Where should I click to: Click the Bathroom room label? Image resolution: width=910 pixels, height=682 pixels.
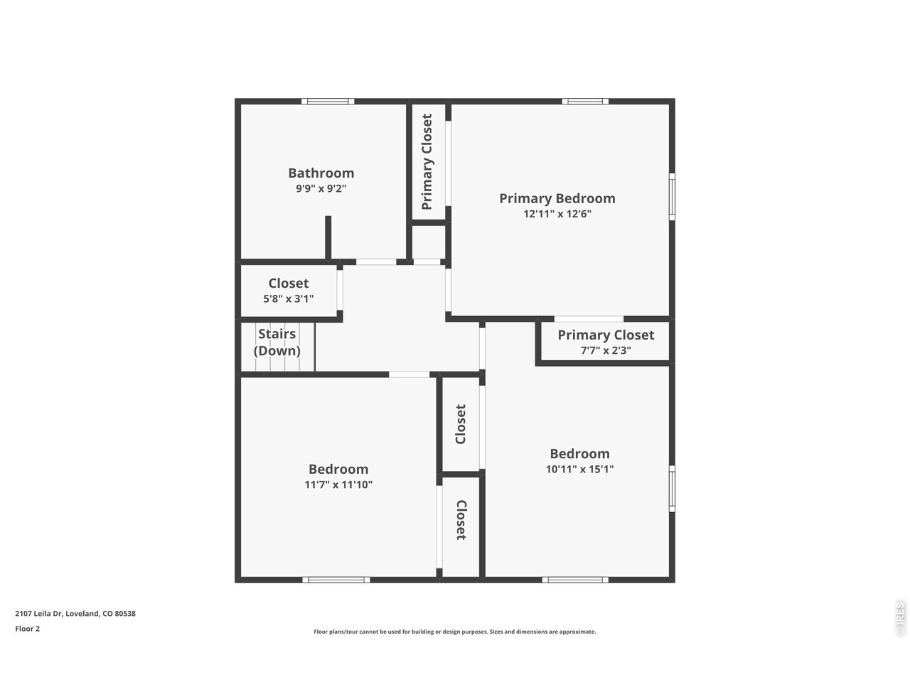pyautogui.click(x=321, y=173)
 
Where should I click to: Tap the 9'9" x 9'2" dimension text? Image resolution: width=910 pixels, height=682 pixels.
pyautogui.click(x=321, y=188)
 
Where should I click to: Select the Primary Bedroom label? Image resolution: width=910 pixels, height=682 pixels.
pyautogui.click(x=557, y=198)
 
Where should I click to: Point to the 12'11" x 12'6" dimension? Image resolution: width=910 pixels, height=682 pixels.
pyautogui.click(x=557, y=214)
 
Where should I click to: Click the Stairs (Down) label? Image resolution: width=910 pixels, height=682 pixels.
pyautogui.click(x=277, y=342)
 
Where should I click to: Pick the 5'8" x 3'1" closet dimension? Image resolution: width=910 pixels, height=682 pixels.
pyautogui.click(x=288, y=298)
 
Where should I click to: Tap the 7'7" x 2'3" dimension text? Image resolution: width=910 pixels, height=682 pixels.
pyautogui.click(x=606, y=350)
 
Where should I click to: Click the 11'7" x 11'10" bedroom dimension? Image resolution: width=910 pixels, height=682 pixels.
pyautogui.click(x=338, y=485)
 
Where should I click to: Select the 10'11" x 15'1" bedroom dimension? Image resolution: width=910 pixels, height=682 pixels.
pyautogui.click(x=579, y=469)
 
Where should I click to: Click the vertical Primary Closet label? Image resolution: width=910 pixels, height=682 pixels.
pyautogui.click(x=427, y=161)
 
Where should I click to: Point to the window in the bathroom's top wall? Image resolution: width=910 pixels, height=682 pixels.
pyautogui.click(x=328, y=101)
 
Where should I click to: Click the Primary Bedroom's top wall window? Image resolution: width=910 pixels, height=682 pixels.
pyautogui.click(x=585, y=101)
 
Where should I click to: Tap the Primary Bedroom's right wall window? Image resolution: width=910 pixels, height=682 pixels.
pyautogui.click(x=672, y=197)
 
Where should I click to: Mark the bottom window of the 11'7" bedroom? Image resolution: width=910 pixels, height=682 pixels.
pyautogui.click(x=336, y=580)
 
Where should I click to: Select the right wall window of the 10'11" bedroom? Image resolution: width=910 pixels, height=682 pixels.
pyautogui.click(x=672, y=489)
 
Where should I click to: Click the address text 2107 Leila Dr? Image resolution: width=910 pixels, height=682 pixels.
pyautogui.click(x=38, y=613)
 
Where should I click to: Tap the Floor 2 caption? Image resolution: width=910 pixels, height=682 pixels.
pyautogui.click(x=27, y=629)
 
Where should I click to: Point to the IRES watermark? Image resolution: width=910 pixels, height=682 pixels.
pyautogui.click(x=899, y=618)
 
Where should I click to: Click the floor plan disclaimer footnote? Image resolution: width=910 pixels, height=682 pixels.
pyautogui.click(x=455, y=632)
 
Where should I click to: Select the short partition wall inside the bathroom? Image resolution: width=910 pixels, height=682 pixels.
pyautogui.click(x=328, y=238)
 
